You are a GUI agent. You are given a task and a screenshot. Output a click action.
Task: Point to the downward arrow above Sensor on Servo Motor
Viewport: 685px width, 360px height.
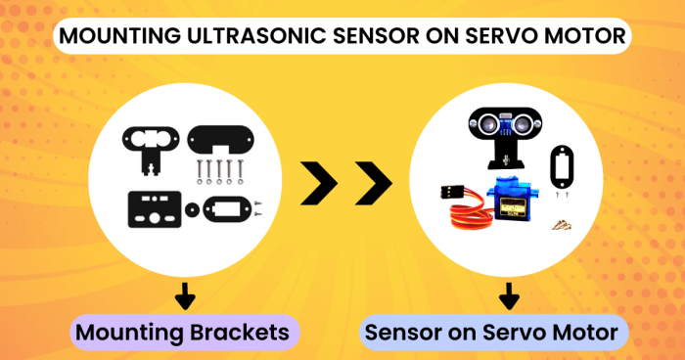pyautogui.click(x=508, y=296)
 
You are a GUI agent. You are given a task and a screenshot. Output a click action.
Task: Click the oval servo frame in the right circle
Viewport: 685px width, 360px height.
pyautogui.click(x=563, y=165)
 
